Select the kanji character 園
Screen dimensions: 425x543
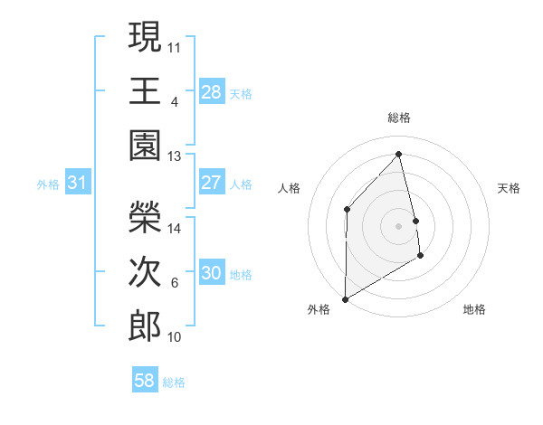(145, 146)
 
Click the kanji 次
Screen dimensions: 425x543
(145, 270)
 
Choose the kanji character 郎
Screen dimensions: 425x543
(145, 326)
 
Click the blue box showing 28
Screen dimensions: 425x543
(211, 91)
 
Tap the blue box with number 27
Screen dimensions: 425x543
(211, 183)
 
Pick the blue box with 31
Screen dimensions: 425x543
(77, 183)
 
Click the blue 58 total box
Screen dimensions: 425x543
(144, 381)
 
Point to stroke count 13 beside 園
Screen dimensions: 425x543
(175, 156)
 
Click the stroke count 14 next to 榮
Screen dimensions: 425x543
(175, 229)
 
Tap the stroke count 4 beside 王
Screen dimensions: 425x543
(175, 101)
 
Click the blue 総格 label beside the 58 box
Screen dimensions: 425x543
(174, 382)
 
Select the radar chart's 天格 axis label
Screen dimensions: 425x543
(510, 188)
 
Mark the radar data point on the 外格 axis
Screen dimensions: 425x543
(345, 298)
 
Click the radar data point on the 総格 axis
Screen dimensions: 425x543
(399, 154)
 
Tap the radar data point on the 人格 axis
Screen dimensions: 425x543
(347, 210)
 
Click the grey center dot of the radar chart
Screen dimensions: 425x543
(399, 226)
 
